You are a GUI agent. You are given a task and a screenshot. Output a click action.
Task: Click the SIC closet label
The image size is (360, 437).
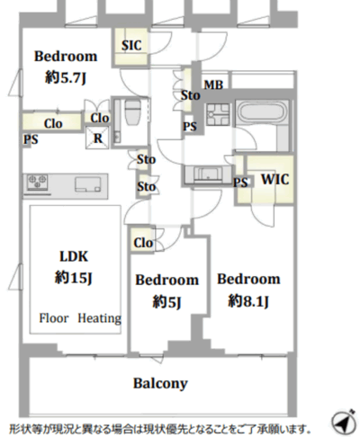tap(131, 46)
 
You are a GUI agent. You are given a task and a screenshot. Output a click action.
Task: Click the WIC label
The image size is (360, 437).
tap(275, 179)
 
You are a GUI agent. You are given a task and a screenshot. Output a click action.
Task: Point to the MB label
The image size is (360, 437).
tap(213, 85)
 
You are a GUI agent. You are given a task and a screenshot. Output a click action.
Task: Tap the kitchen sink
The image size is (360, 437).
tap(88, 184)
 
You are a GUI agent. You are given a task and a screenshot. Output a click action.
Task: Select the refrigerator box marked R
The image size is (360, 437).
tap(97, 138)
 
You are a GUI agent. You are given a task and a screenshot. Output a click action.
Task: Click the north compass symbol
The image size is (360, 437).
tap(344, 422)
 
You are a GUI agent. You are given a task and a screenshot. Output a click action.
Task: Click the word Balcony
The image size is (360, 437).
tap(160, 383)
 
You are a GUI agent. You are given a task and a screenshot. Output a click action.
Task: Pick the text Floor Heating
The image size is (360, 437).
tap(80, 318)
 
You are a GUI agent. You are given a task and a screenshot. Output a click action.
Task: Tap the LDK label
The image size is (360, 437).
tap(74, 256)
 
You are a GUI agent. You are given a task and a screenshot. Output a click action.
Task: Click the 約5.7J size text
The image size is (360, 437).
tap(66, 77)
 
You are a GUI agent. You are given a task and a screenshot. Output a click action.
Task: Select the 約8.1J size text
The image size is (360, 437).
tap(248, 300)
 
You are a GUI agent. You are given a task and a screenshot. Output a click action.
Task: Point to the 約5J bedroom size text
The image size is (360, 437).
tap(166, 301)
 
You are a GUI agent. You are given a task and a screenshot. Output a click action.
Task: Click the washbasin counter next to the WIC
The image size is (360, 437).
tap(208, 174)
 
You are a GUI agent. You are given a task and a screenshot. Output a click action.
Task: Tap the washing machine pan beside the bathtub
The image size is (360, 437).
tap(218, 114)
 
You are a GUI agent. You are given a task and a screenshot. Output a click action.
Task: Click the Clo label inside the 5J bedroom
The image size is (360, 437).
tap(143, 243)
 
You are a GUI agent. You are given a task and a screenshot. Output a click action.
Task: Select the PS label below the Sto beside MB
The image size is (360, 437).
tap(190, 127)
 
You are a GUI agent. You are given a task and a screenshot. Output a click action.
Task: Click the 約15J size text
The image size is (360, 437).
tap(74, 278)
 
